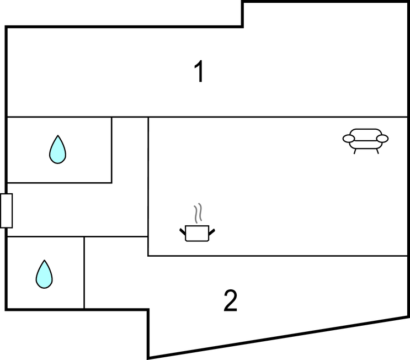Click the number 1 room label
point(200,72)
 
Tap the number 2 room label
point(231,301)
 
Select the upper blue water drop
point(57,150)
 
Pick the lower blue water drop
point(44,274)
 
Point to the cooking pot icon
point(197,232)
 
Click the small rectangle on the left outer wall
point(7,210)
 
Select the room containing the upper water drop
point(83,166)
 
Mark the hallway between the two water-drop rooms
point(77,210)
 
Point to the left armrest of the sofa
point(348,138)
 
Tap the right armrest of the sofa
point(383,138)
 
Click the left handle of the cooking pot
point(183,230)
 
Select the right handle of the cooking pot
point(211,230)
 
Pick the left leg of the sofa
point(355,151)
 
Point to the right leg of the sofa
point(377,151)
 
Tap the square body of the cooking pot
point(197,234)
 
